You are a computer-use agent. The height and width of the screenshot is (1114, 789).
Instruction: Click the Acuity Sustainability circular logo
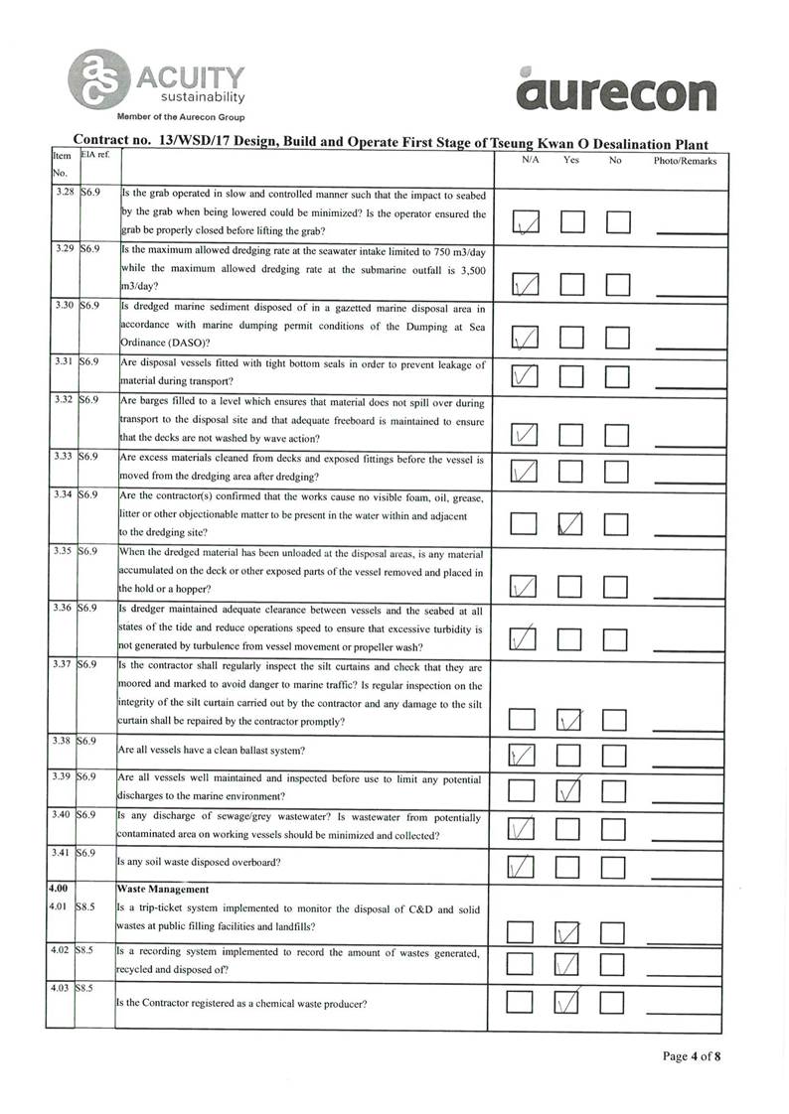click(x=98, y=78)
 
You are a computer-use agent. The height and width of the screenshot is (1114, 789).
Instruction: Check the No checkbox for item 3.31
click(x=618, y=376)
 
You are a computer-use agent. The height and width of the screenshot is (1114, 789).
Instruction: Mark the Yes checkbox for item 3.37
click(x=571, y=719)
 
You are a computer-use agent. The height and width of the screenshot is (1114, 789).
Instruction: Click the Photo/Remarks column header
click(x=685, y=161)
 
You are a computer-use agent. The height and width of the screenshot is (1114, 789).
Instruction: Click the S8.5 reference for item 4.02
click(x=87, y=951)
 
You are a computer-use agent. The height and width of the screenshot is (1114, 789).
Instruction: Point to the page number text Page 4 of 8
click(x=691, y=1056)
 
